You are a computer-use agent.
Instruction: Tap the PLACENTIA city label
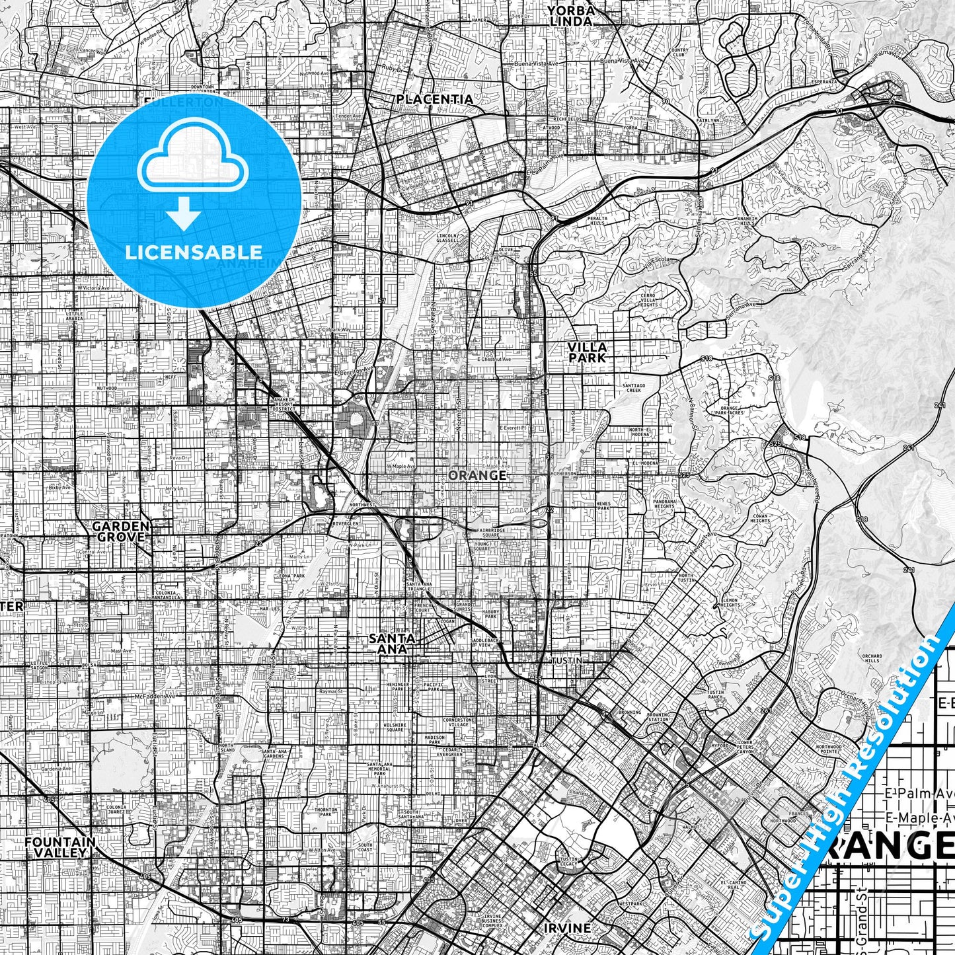[x=434, y=99]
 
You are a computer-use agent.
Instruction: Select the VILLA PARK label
[x=587, y=352]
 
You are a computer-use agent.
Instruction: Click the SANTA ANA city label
[x=392, y=643]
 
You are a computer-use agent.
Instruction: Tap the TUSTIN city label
[x=567, y=661]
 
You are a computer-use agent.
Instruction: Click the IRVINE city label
[x=567, y=928]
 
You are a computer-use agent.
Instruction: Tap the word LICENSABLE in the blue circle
[x=194, y=252]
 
